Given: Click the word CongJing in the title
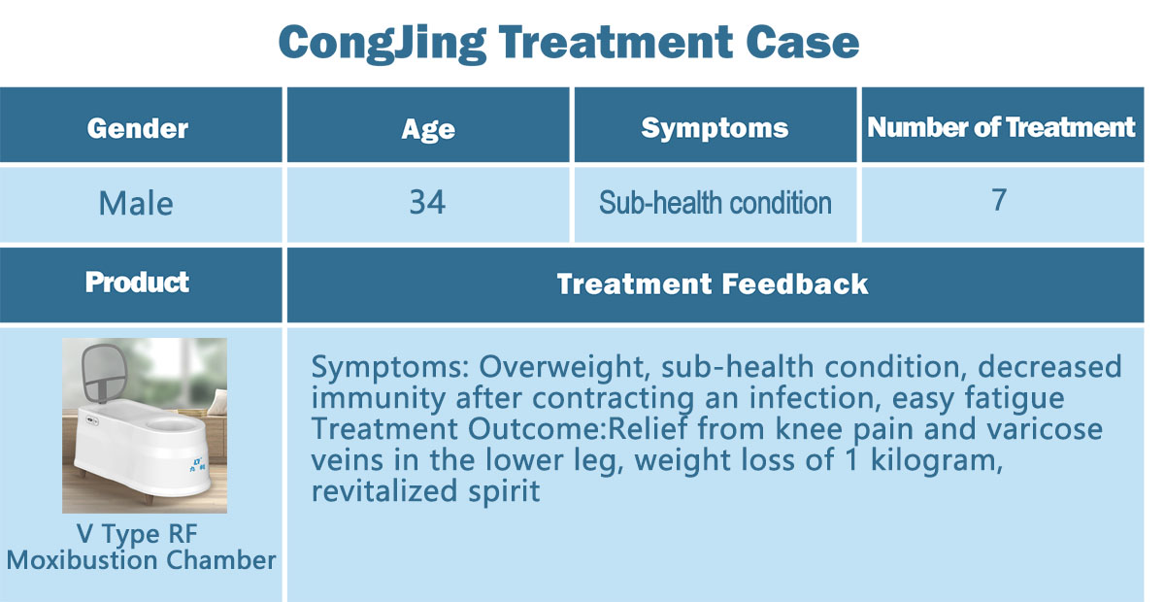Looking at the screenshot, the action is (383, 44).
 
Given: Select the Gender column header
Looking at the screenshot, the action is (138, 128).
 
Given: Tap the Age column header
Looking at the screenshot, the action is (428, 129).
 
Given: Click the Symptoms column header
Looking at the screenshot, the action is (715, 128).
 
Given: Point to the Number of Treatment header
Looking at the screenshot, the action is (1001, 127).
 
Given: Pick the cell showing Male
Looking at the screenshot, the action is (136, 204).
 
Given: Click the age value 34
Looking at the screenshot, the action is (427, 202).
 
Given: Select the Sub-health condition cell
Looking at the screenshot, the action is (716, 202).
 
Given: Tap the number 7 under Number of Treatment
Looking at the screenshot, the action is (999, 200).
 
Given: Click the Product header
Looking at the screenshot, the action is (137, 283).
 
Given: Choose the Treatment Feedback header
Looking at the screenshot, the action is (713, 284).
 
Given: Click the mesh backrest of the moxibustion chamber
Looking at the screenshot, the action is (105, 372).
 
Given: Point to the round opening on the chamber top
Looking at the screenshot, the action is (172, 424).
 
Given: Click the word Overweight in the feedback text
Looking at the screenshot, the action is (565, 367).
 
